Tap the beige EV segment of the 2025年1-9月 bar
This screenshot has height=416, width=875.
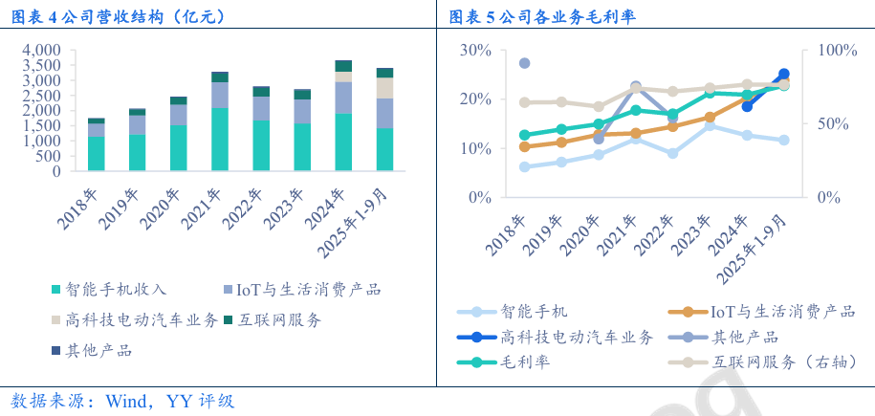tap(384, 88)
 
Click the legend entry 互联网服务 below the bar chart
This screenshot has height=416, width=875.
tap(279, 319)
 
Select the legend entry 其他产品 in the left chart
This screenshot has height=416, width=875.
tap(98, 350)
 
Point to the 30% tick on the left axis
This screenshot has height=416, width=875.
tap(475, 50)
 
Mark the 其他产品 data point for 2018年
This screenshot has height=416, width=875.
tap(524, 64)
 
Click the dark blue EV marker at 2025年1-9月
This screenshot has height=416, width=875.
tap(783, 74)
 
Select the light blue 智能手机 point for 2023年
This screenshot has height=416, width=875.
tap(710, 125)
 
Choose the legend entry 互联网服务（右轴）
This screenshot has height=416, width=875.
tap(779, 362)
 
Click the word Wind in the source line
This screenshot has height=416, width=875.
tap(126, 400)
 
